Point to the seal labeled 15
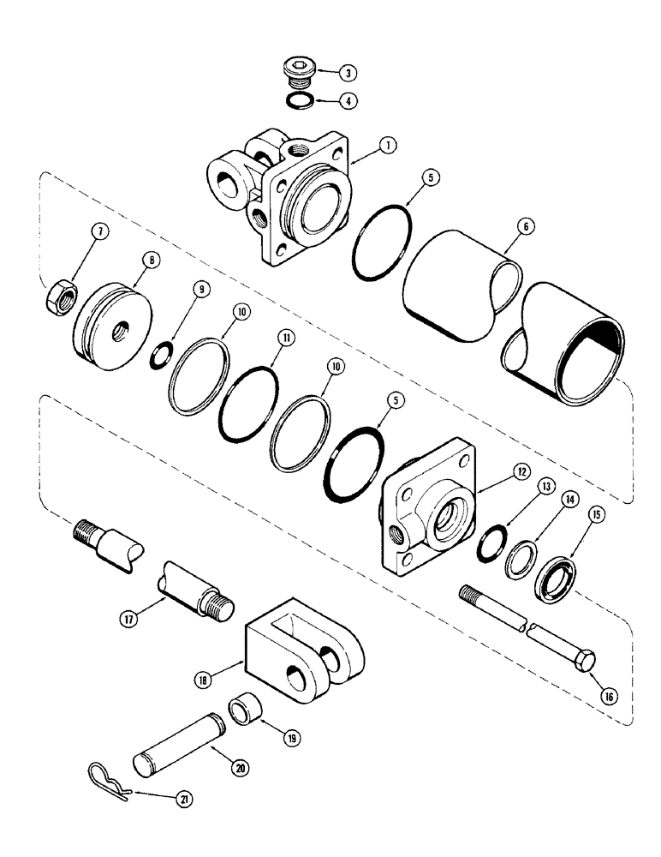[x=554, y=579]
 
